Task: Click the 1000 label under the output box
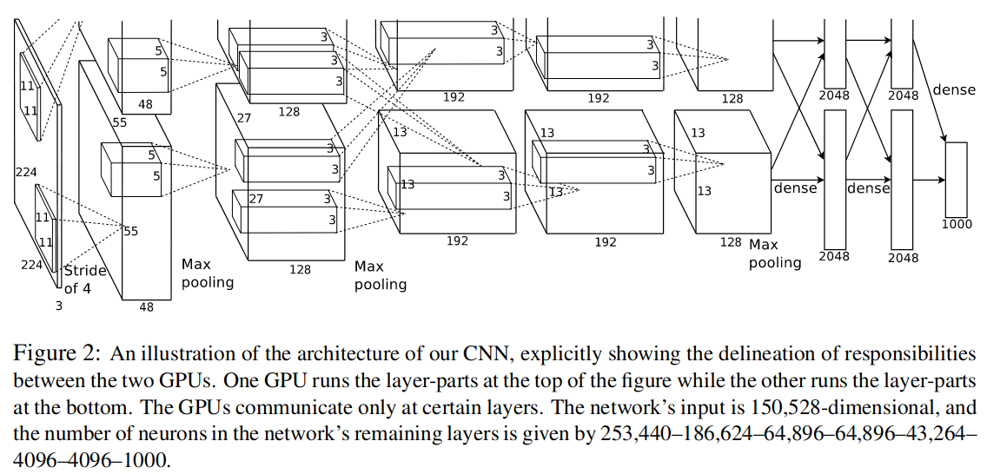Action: (x=957, y=224)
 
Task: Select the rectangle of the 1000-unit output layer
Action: (x=956, y=180)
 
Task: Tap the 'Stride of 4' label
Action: (x=85, y=280)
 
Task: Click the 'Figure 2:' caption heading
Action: (x=56, y=354)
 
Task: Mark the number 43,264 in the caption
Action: (x=940, y=434)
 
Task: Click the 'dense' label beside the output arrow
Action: (x=954, y=90)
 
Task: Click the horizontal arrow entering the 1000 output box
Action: (x=929, y=180)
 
